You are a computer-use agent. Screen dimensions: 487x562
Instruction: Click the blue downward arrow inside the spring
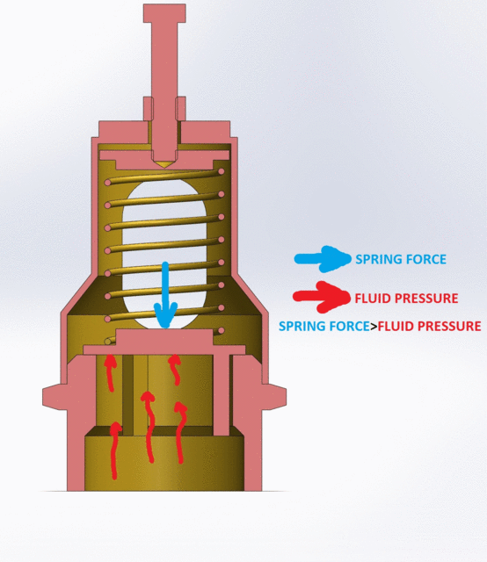click(165, 295)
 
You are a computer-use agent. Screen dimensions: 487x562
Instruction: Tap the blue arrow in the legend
click(323, 259)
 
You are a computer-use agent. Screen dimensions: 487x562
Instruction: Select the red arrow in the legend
click(321, 297)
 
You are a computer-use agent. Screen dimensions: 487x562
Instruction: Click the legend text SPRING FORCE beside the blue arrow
click(401, 259)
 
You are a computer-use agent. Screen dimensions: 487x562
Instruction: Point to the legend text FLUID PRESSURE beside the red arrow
click(406, 299)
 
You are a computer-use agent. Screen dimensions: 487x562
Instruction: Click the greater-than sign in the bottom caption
click(374, 327)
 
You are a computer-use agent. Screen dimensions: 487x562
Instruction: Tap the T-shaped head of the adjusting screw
click(164, 13)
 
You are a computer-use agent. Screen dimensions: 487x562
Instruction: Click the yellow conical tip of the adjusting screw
click(164, 164)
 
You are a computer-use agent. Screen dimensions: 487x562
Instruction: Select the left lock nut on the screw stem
click(149, 109)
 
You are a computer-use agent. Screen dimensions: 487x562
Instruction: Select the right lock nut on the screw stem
click(180, 109)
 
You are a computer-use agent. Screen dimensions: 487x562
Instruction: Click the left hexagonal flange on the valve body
click(55, 397)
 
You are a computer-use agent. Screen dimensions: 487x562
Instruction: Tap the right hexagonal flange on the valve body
click(273, 397)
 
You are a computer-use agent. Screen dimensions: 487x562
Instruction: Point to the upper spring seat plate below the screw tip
click(164, 160)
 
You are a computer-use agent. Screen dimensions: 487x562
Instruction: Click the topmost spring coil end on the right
click(221, 172)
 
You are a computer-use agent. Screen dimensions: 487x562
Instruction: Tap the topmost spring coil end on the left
click(107, 183)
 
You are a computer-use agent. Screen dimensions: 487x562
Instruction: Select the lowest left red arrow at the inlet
click(115, 450)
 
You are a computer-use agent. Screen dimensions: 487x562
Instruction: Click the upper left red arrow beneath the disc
click(110, 372)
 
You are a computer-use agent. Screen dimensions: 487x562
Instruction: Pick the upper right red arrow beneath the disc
click(175, 369)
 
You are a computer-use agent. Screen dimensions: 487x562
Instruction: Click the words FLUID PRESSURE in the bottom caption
click(429, 326)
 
